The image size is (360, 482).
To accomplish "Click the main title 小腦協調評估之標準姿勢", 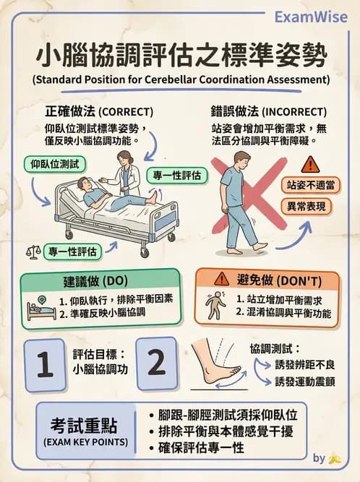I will (x=180, y=56).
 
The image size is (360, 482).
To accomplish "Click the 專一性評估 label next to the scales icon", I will (x=72, y=251).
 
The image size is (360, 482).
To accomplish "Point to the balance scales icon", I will (x=33, y=252).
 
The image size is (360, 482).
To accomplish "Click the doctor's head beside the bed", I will (x=124, y=158).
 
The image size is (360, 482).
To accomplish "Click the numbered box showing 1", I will (x=46, y=364).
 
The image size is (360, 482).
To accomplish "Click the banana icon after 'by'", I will (x=334, y=458).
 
